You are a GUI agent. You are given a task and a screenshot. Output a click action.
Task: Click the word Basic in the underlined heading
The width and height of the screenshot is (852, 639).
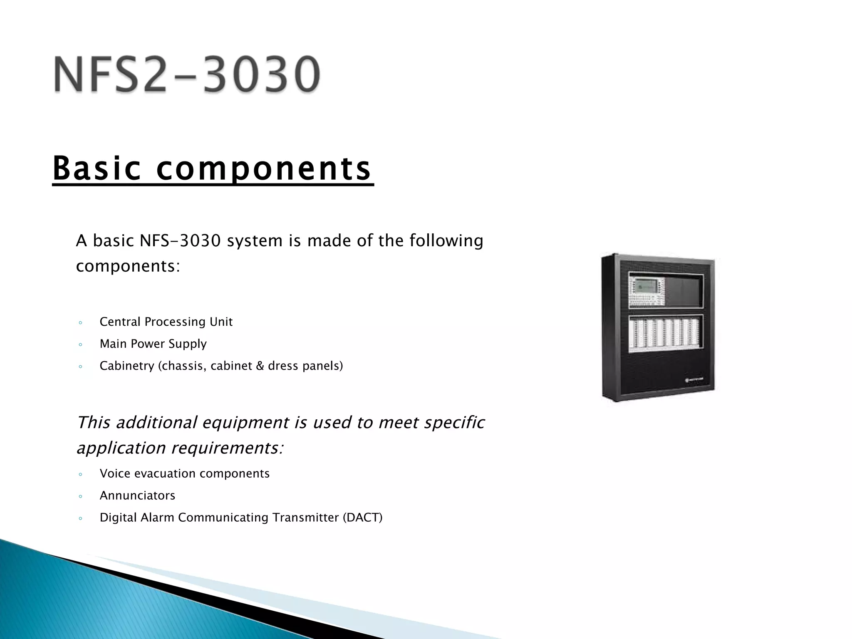97,168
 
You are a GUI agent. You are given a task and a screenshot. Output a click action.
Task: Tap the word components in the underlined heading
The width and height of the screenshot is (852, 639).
263,169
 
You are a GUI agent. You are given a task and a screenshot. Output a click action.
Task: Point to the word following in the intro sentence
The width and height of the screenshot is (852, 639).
446,241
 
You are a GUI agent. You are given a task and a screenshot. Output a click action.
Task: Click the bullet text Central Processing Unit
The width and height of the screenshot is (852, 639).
166,322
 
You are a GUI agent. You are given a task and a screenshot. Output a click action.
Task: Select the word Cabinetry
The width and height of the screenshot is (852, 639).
127,366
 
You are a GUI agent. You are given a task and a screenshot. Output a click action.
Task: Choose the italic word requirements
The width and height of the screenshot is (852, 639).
227,448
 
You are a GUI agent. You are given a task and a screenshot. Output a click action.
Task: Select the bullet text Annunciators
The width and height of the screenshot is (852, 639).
137,495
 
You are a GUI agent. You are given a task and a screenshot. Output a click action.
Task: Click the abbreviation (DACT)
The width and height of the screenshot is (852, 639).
362,518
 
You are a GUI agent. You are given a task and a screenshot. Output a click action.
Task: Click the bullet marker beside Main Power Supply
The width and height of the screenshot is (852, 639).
80,344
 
